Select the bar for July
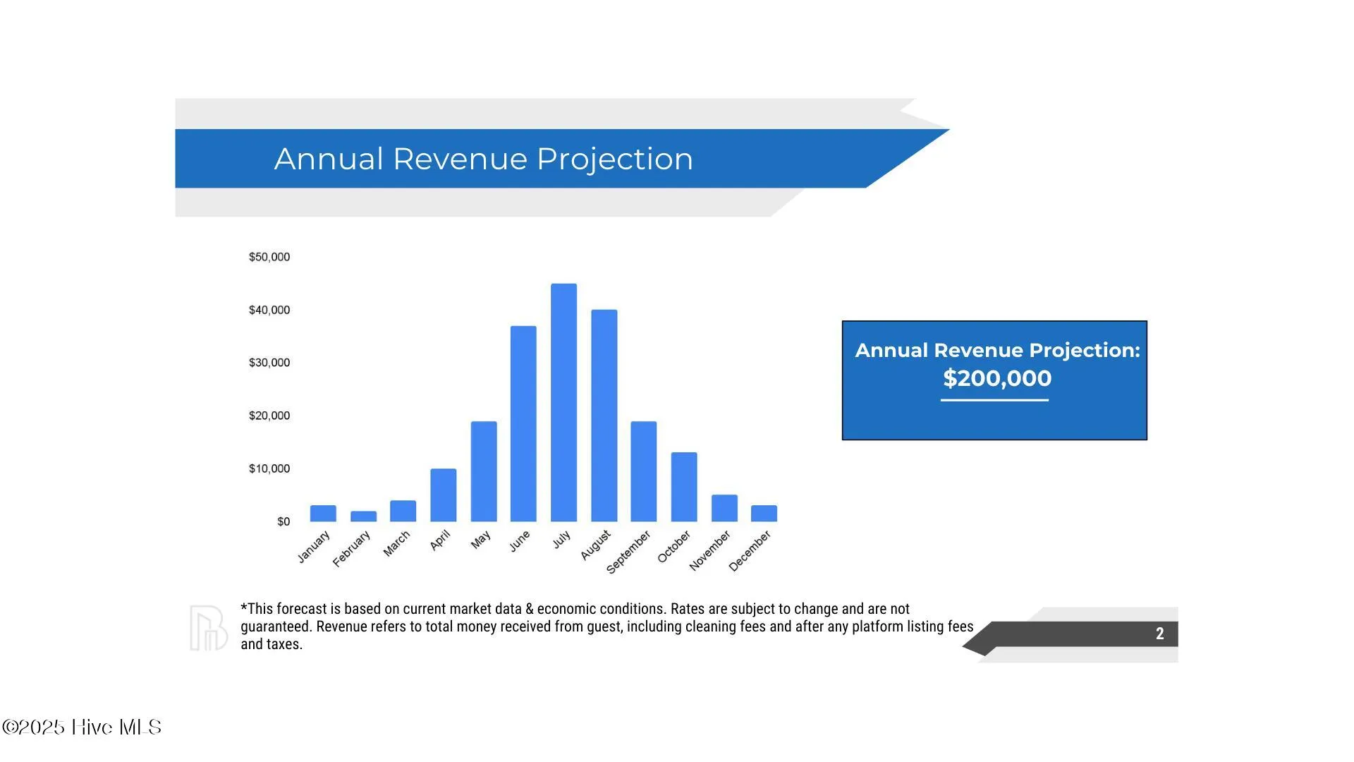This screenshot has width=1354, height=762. click(x=563, y=402)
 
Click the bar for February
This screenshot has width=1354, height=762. click(x=363, y=516)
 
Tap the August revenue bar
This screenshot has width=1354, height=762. click(x=604, y=416)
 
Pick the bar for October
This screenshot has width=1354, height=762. click(x=684, y=487)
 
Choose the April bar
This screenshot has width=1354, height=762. click(x=443, y=495)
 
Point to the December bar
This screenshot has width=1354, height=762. click(x=764, y=514)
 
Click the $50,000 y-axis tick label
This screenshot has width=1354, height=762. click(x=269, y=257)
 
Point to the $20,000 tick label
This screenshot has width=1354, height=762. click(x=269, y=416)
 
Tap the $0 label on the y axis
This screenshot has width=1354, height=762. click(x=283, y=521)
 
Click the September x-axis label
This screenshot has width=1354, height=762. click(x=628, y=552)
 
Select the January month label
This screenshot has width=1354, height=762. click(x=313, y=547)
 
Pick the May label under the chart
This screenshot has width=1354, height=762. click(x=481, y=540)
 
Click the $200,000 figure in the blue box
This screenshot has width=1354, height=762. click(x=997, y=378)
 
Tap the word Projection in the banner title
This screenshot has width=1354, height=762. click(x=615, y=159)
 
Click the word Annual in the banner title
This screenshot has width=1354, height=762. click(x=329, y=159)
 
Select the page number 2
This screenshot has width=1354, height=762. click(x=1159, y=634)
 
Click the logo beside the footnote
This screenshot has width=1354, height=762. click(x=208, y=628)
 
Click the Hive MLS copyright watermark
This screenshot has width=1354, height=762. click(x=82, y=727)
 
